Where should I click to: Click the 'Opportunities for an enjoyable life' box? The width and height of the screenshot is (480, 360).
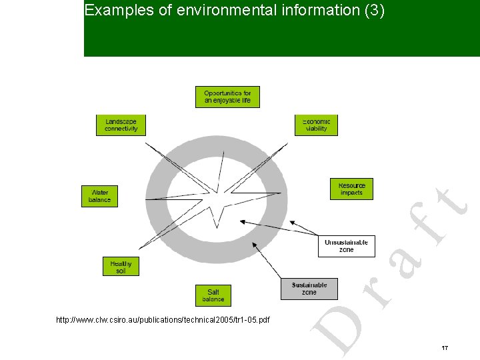tap(227, 97)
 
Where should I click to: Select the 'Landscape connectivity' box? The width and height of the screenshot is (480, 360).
tap(121, 125)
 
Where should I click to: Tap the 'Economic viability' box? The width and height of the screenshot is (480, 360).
tap(316, 125)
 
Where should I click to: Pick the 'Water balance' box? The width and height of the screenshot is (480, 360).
tap(99, 196)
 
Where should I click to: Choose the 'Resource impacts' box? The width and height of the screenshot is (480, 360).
tap(351, 189)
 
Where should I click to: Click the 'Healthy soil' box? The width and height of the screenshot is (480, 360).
tap(121, 267)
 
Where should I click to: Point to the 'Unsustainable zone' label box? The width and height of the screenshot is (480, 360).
tap(346, 245)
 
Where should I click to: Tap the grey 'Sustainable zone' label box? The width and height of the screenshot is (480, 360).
tap(309, 289)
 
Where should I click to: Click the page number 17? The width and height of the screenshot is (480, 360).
tap(445, 348)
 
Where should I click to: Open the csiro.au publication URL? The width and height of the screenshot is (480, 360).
tap(163, 321)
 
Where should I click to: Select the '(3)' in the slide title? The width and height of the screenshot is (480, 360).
tap(374, 11)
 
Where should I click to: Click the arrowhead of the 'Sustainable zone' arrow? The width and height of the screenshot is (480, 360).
tap(253, 244)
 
